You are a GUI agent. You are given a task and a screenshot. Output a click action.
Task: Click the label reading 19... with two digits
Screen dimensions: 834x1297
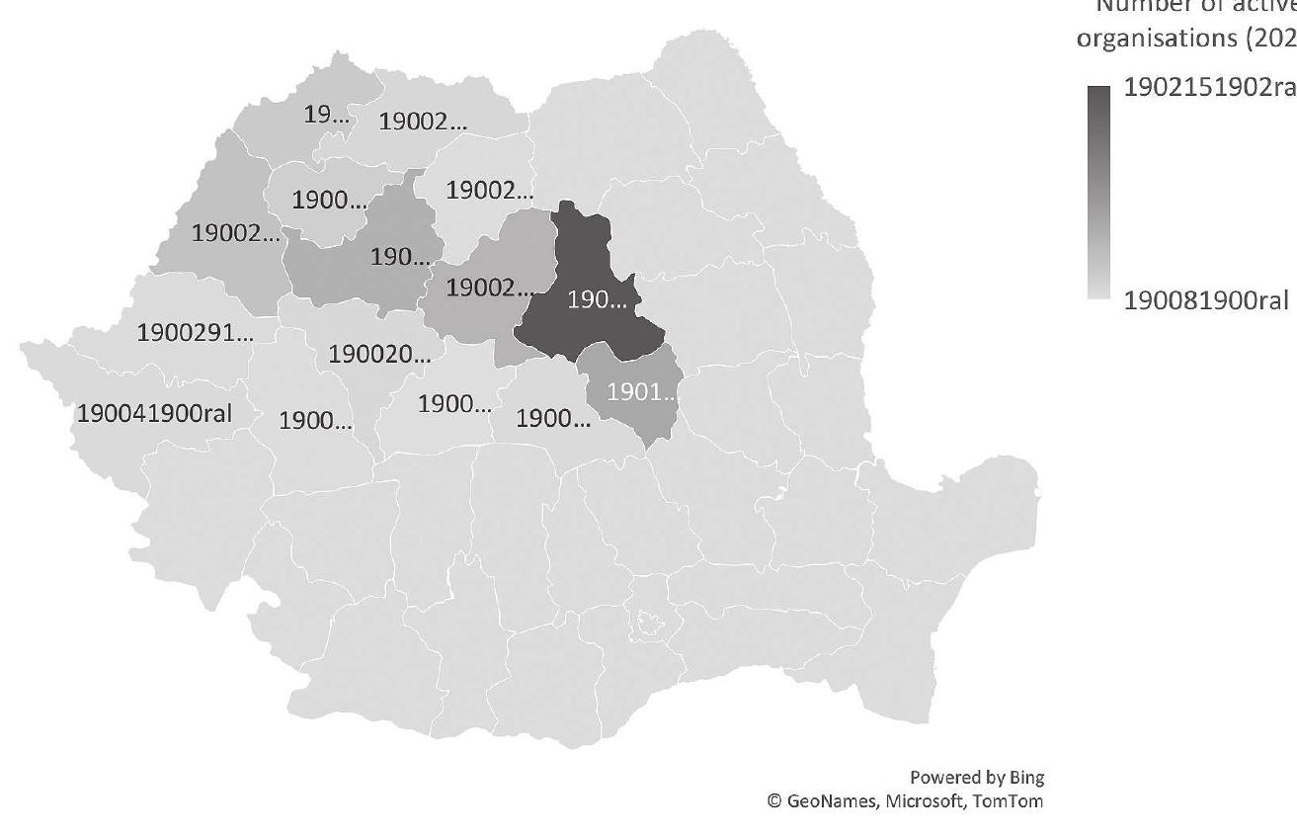[326, 114]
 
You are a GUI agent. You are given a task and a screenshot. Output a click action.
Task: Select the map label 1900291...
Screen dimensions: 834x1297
[195, 332]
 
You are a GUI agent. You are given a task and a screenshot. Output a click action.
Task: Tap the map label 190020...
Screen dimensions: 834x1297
[379, 354]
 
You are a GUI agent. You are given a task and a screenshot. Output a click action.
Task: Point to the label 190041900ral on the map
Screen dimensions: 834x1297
[154, 413]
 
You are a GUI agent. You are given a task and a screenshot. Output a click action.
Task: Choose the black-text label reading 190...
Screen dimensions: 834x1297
[400, 258]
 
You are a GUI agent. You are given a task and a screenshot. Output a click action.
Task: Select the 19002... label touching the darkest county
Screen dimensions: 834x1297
[489, 288]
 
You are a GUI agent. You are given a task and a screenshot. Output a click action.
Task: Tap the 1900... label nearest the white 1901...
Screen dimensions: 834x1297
[553, 418]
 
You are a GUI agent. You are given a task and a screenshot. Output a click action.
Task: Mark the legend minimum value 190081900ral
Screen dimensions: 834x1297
[1209, 300]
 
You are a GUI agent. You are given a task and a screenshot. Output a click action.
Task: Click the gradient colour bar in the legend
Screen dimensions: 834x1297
[1098, 193]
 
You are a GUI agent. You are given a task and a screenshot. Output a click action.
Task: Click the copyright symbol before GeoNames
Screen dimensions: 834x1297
[775, 801]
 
